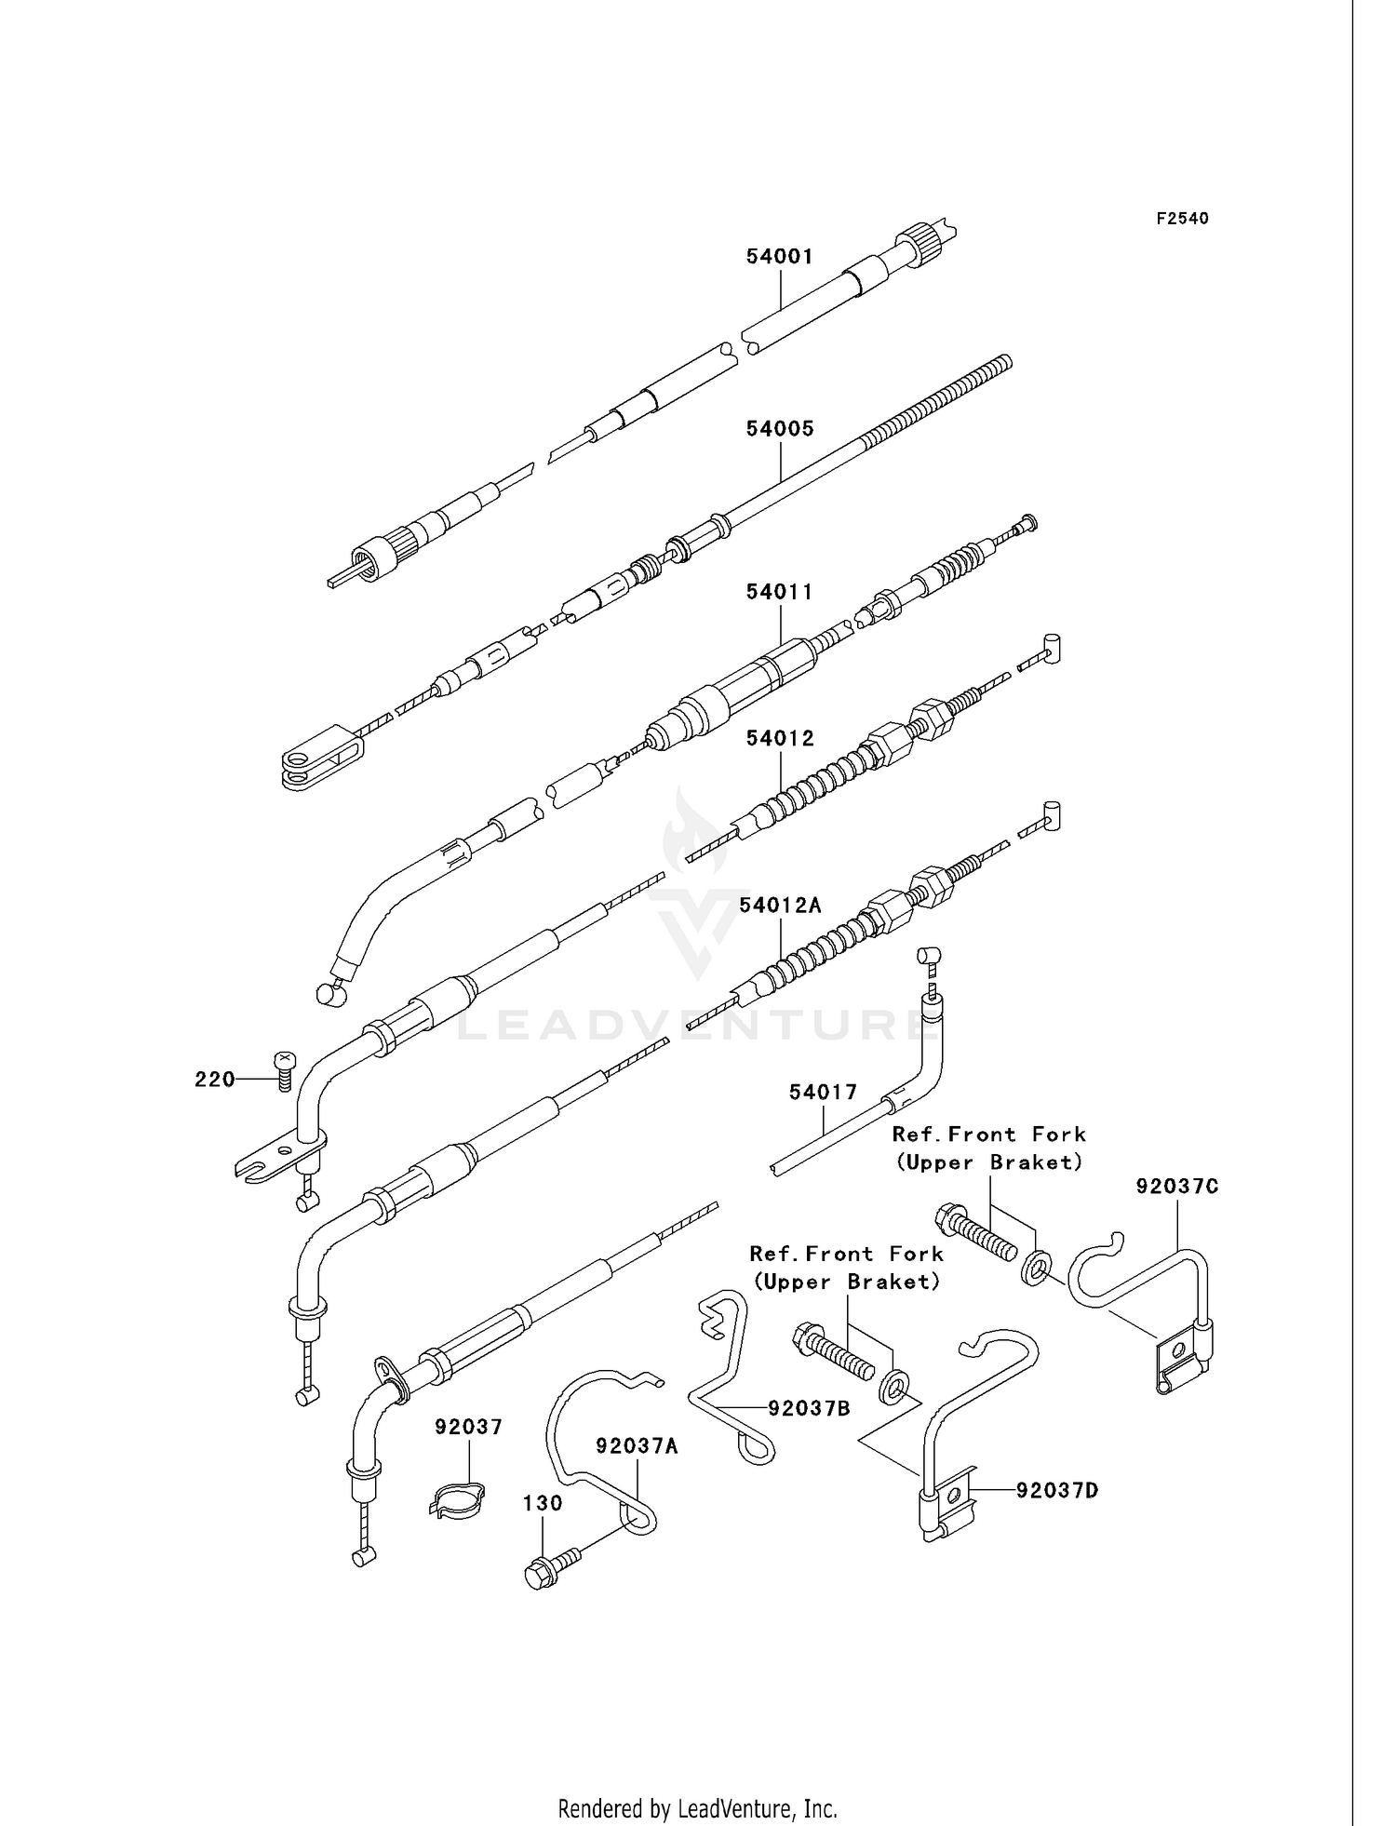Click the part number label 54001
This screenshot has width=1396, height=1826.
coord(780,256)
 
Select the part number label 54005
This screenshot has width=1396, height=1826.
coord(780,428)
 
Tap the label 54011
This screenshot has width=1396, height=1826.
coord(780,592)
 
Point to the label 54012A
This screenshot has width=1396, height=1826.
coord(781,905)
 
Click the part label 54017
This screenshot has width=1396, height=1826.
coord(824,1092)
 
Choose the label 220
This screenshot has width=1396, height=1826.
coord(214,1079)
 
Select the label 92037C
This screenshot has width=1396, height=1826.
coord(1177,1187)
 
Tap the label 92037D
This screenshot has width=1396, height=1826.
coord(1057,1490)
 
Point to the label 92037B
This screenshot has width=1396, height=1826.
coord(809,1408)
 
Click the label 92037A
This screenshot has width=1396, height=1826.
coord(638,1445)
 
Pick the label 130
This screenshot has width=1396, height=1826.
coord(543,1503)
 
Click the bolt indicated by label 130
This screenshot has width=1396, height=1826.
coord(552,1566)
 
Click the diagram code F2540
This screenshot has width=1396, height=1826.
coord(1183,219)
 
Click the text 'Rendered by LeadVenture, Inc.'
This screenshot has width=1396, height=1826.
coord(698,1782)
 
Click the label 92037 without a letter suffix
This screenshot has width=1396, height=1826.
coord(469,1427)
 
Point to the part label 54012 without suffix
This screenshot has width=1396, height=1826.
coord(780,738)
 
